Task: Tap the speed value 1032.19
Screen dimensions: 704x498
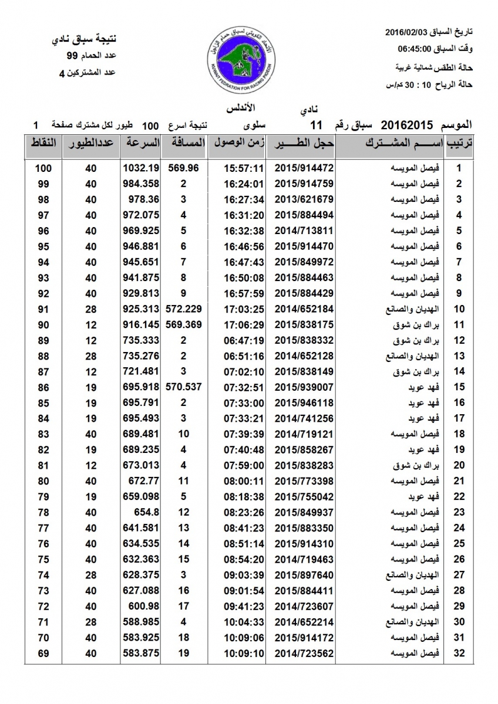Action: [142, 168]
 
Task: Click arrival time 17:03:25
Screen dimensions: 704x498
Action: [243, 309]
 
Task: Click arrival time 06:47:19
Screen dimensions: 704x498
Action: [243, 340]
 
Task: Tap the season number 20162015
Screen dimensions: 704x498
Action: [407, 125]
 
